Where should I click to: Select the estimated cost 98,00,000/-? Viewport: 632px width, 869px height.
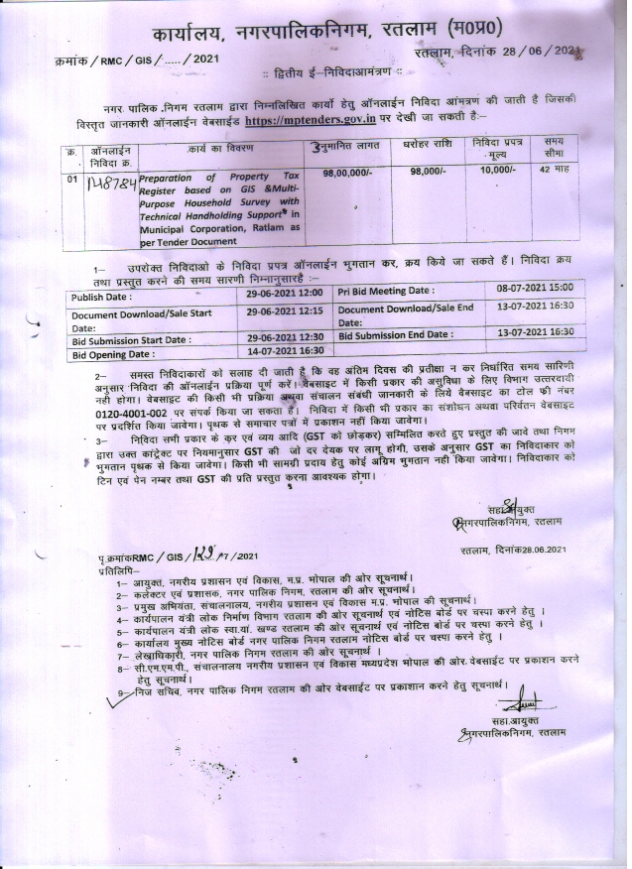347,173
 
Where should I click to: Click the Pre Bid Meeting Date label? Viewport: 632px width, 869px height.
386,291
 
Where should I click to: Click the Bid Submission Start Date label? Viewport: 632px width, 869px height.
130,339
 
